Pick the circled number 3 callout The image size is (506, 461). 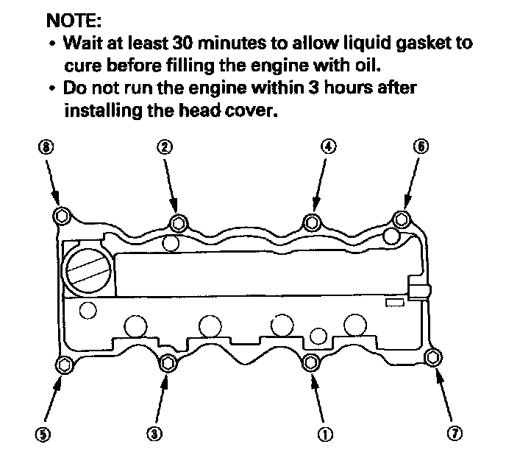tap(154, 434)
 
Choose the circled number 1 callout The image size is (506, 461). tap(322, 434)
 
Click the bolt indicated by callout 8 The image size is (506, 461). tap(62, 215)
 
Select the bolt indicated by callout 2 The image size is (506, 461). tap(177, 223)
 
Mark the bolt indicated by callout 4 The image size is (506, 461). tap(312, 222)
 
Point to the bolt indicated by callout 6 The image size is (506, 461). tap(401, 219)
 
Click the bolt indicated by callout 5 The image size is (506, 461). tap(65, 365)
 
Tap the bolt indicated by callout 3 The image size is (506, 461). tap(169, 362)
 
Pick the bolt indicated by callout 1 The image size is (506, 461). tap(311, 362)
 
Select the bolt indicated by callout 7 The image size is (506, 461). tap(433, 358)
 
